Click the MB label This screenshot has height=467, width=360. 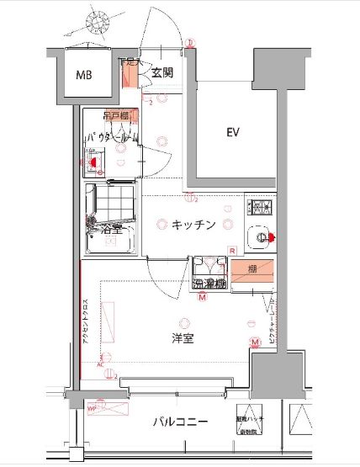[85, 76]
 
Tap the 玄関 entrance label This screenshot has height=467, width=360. [162, 74]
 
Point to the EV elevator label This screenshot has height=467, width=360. [233, 132]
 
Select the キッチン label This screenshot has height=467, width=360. [193, 225]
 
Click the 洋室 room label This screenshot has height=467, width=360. [183, 338]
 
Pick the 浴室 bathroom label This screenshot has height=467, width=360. [111, 227]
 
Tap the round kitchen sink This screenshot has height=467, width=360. [262, 237]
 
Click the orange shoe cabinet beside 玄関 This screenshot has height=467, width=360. [130, 76]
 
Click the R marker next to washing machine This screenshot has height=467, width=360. [231, 250]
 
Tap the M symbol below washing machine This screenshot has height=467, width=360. [202, 297]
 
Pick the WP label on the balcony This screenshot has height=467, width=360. [93, 408]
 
